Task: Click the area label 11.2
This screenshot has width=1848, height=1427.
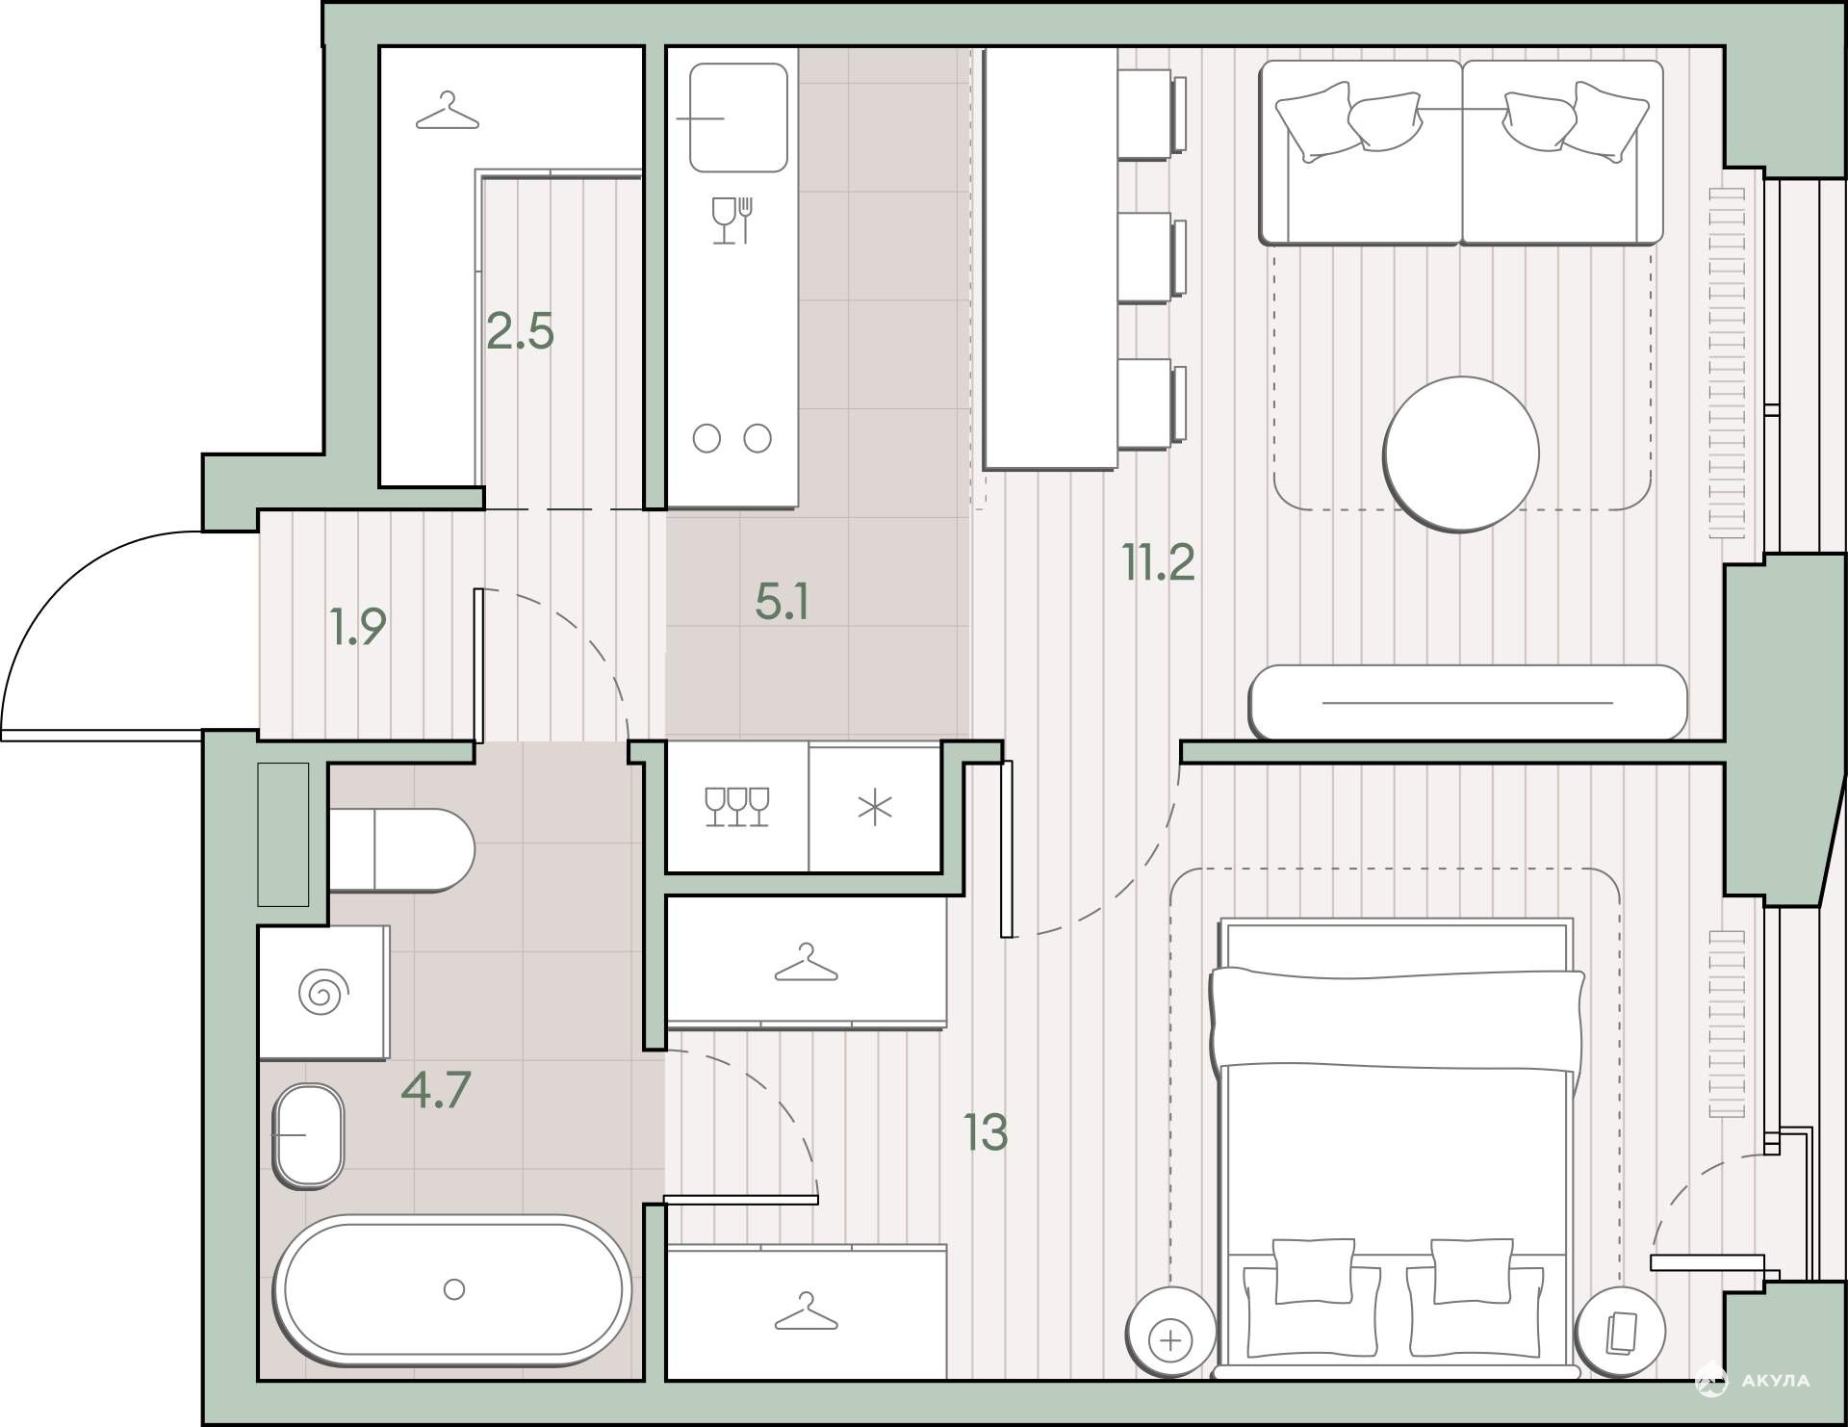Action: [1159, 562]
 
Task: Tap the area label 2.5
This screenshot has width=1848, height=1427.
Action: [520, 331]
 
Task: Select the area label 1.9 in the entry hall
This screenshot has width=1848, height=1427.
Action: [358, 626]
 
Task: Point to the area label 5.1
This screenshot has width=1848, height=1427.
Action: [783, 602]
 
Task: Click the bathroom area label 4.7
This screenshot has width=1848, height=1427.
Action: [436, 1091]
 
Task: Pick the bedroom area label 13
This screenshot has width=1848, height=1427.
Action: [986, 1132]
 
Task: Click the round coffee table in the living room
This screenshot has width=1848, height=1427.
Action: [1461, 454]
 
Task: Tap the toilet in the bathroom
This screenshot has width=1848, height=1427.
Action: [401, 850]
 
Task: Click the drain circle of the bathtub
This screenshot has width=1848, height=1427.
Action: [454, 1289]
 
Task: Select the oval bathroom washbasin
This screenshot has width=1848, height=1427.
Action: [309, 1136]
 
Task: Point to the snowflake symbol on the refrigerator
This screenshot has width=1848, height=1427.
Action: [875, 809]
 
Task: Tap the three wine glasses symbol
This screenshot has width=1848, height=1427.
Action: [737, 807]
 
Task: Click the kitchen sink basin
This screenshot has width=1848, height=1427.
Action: [738, 117]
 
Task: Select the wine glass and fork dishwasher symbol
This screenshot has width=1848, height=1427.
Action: [732, 220]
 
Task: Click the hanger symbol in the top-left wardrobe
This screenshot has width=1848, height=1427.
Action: [447, 111]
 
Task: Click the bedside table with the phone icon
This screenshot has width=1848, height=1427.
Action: [1620, 1333]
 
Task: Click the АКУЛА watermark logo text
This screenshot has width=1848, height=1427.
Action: [1775, 1381]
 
